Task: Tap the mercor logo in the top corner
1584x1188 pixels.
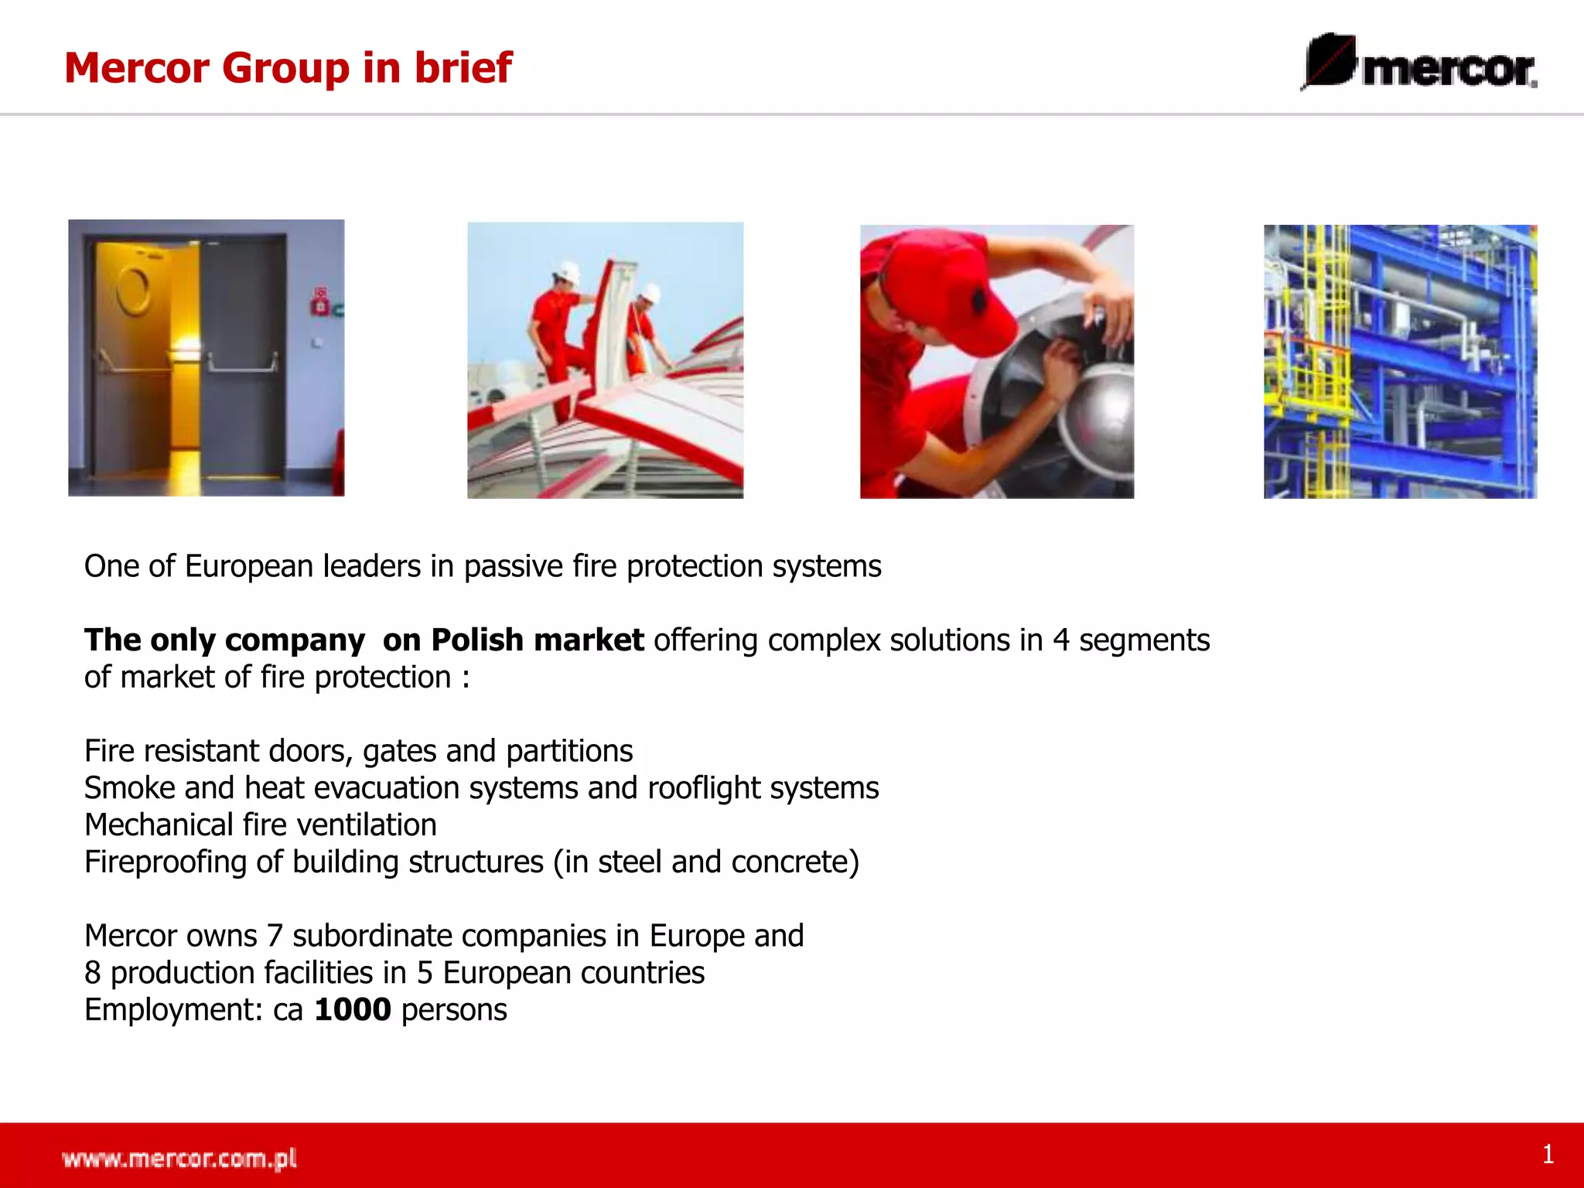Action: pyautogui.click(x=1420, y=63)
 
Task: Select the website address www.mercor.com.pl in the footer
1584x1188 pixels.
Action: pyautogui.click(x=179, y=1159)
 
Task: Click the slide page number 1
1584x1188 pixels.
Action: pyautogui.click(x=1548, y=1155)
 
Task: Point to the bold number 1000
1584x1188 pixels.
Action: pyautogui.click(x=353, y=1010)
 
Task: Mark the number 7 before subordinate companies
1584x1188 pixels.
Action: pyautogui.click(x=275, y=937)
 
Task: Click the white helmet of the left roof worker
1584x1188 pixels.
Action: pyautogui.click(x=568, y=273)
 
